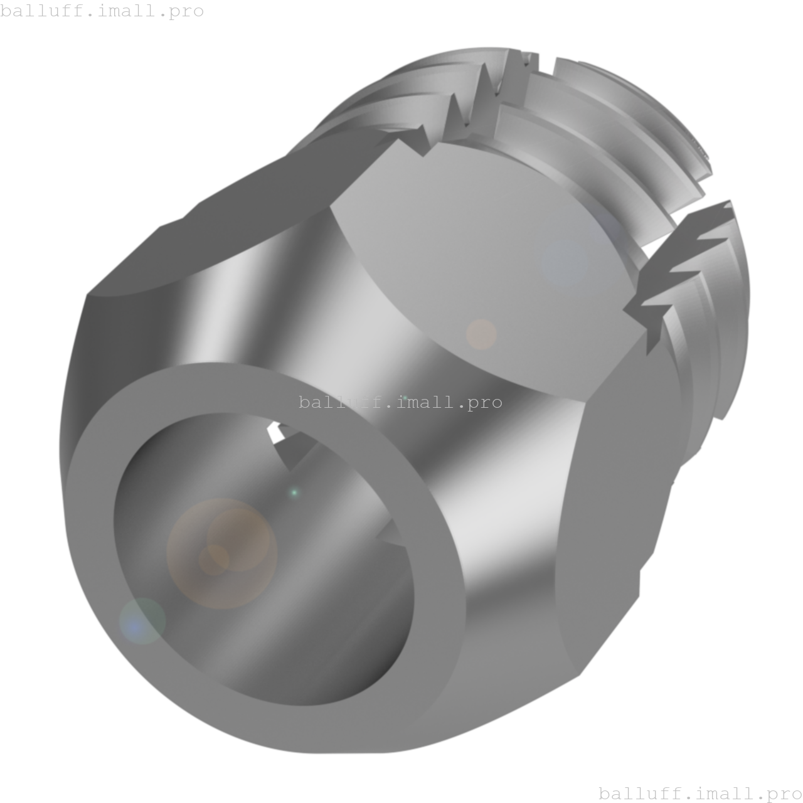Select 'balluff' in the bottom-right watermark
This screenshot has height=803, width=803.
click(x=638, y=794)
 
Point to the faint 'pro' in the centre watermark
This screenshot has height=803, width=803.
click(x=486, y=402)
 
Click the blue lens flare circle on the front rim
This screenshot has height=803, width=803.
click(x=142, y=622)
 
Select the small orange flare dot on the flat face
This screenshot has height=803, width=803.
click(x=481, y=334)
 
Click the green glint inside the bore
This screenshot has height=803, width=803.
click(x=294, y=493)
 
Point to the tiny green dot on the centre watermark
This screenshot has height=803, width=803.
click(x=405, y=398)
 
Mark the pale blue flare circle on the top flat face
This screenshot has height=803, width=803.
click(x=565, y=262)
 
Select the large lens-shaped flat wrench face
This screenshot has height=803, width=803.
click(x=483, y=263)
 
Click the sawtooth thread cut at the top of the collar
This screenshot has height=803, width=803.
click(x=483, y=94)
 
